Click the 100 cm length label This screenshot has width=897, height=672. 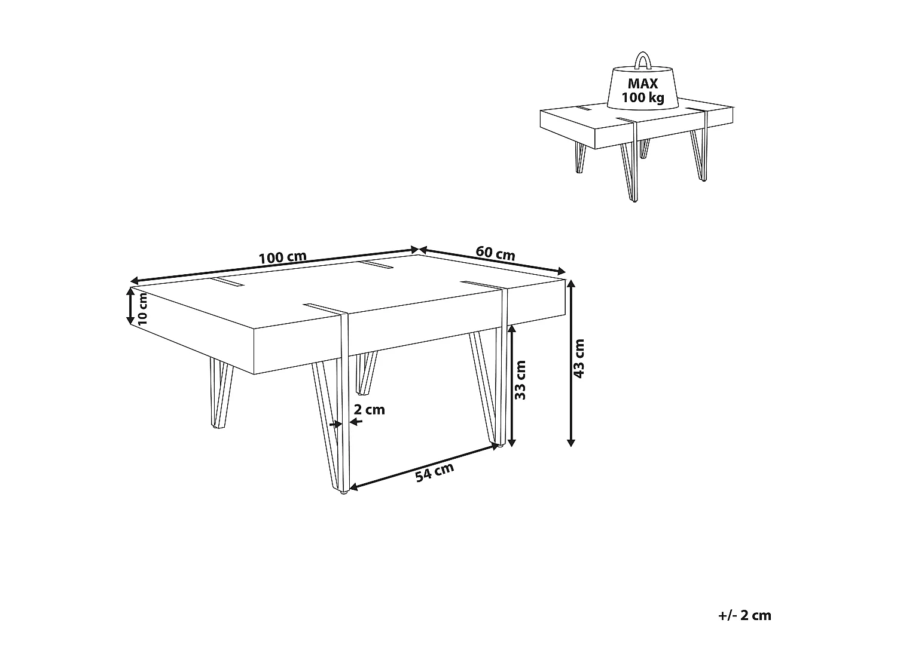[282, 257]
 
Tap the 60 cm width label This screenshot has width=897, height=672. [495, 253]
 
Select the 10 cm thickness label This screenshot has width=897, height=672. [142, 310]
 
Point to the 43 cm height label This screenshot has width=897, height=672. [579, 358]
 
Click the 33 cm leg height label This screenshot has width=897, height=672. [521, 380]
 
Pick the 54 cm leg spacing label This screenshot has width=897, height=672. [435, 472]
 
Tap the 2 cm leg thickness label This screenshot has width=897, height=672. [369, 410]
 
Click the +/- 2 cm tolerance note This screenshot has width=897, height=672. [744, 616]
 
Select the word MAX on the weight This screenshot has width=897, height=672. [643, 84]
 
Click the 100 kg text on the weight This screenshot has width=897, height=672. [643, 99]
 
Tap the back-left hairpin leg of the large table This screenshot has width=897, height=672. [216, 394]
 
